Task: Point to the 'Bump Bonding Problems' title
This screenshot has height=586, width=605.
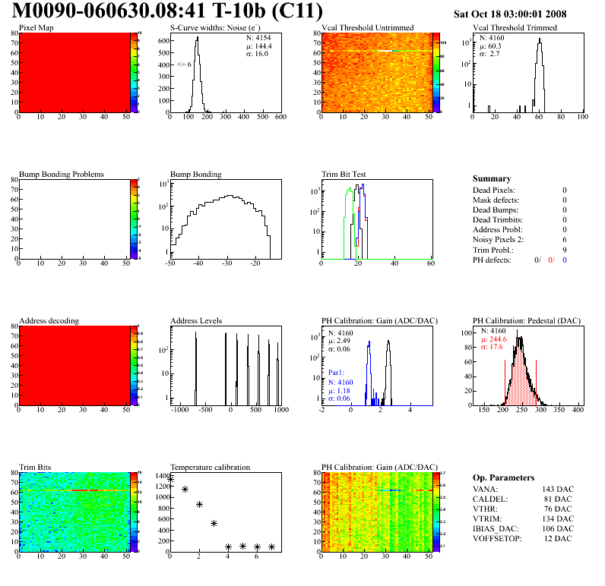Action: pyautogui.click(x=61, y=174)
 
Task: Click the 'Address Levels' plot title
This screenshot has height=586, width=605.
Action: pyautogui.click(x=196, y=320)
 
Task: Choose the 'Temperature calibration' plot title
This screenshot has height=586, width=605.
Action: pyautogui.click(x=210, y=467)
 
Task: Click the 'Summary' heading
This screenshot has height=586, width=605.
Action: pyautogui.click(x=492, y=178)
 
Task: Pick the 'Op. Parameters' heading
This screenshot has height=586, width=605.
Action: pyautogui.click(x=503, y=477)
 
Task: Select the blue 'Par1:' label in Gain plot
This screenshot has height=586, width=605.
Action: pyautogui.click(x=337, y=373)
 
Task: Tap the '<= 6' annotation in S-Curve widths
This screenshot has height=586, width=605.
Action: pyautogui.click(x=183, y=65)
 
